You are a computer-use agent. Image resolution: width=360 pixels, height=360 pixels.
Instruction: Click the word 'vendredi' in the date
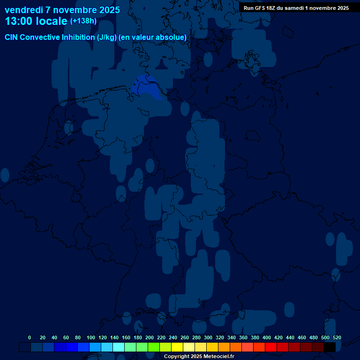pos(24,10)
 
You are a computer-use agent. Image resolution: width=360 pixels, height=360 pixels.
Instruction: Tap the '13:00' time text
pos(19,21)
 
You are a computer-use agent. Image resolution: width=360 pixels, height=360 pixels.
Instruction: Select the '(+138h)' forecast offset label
pos(83,21)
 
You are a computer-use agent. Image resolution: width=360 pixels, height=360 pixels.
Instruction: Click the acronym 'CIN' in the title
pos(12,37)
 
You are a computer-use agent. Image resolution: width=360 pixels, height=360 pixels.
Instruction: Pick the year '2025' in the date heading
pos(107,10)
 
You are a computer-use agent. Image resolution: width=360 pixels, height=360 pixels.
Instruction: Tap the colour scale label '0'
pos(30,337)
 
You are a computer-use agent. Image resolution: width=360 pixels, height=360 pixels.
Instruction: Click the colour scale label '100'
pos(91,337)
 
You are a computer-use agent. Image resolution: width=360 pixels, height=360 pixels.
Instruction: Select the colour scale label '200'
pos(150,337)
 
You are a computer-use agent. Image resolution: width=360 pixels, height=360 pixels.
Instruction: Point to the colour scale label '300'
pos(208,337)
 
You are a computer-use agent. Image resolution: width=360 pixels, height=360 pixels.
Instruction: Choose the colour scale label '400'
pos(267,337)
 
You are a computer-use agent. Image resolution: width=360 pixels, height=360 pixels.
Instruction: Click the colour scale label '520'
pos(337,337)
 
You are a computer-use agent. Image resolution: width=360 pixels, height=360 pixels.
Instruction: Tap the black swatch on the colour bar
pos(330,347)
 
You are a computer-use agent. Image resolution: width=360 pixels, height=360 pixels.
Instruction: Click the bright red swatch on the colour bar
pos(271,347)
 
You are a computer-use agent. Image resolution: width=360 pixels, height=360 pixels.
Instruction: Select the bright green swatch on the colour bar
pos(154,347)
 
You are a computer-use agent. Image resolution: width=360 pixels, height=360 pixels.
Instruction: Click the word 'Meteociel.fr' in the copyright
pos(216,357)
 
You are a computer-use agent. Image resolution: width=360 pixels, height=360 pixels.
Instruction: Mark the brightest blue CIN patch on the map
pos(146,88)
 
